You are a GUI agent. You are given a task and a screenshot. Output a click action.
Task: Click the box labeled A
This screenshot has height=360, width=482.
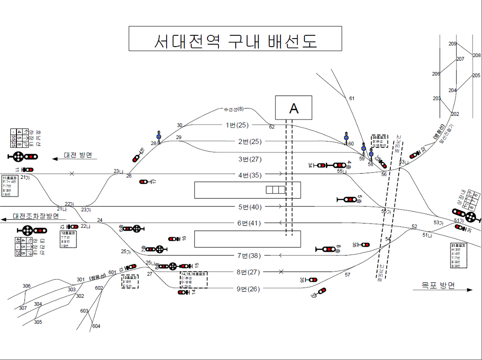click(293, 108)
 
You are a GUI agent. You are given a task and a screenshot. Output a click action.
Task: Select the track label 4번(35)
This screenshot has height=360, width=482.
click(249, 176)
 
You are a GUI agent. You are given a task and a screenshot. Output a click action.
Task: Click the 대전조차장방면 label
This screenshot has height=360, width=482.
click(36, 216)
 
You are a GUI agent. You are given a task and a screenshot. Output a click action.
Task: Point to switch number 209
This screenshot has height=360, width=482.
click(452, 44)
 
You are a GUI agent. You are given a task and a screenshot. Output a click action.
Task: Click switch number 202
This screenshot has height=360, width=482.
click(455, 114)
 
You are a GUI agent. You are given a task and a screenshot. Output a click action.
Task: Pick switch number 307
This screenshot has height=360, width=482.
click(23, 308)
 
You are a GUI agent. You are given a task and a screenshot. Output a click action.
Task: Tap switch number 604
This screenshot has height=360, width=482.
click(96, 326)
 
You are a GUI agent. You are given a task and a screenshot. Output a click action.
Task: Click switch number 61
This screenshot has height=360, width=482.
click(352, 98)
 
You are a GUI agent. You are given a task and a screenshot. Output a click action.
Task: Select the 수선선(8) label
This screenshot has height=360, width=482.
click(234, 110)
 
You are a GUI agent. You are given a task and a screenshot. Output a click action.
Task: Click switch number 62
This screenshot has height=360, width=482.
click(272, 127)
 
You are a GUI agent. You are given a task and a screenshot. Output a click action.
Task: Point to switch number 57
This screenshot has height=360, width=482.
click(348, 274)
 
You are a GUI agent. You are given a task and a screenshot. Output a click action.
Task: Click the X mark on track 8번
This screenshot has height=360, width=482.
click(281, 272)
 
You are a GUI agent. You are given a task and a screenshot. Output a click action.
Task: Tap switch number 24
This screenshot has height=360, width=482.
click(100, 220)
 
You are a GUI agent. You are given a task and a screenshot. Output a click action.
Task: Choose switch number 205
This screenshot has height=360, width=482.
click(476, 76)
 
